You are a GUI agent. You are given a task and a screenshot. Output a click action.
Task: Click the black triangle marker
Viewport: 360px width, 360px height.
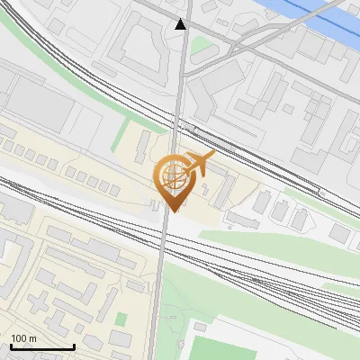181,24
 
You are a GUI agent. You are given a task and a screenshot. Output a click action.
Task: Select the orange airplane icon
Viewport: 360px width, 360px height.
199,165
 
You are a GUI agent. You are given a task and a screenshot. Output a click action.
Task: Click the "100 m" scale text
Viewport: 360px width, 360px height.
23,338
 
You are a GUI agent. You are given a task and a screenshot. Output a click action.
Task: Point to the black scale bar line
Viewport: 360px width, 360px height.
42,346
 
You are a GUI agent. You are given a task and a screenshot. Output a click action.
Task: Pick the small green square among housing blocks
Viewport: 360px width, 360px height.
120,319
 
